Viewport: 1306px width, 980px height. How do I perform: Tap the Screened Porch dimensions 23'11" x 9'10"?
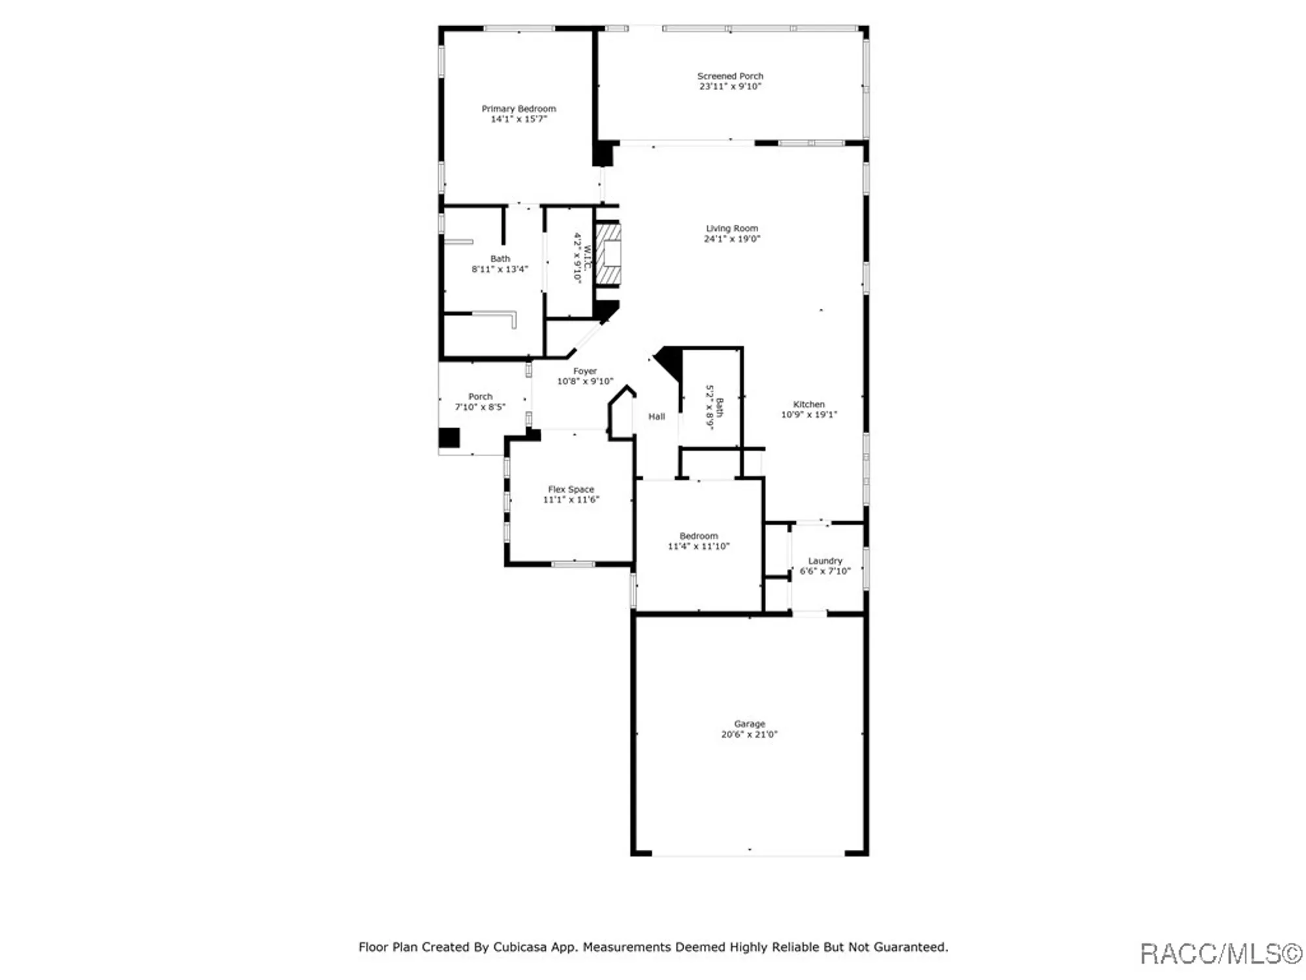pos(730,86)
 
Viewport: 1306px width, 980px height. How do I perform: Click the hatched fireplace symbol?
pos(608,254)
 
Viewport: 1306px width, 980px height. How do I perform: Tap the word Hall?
pos(657,416)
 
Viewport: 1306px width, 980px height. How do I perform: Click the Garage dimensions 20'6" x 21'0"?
pos(750,734)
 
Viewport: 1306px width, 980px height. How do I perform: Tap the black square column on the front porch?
pos(449,438)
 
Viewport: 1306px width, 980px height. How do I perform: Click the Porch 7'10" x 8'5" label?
pos(480,401)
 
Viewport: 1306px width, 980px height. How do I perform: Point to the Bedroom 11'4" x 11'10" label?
pos(699,541)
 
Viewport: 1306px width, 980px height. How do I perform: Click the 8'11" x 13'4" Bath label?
pos(500,264)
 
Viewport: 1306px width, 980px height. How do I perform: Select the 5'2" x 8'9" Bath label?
pos(714,407)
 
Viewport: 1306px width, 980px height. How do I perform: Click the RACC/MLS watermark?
pos(1222,954)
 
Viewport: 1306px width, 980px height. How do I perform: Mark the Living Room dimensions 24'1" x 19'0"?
pos(732,239)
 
